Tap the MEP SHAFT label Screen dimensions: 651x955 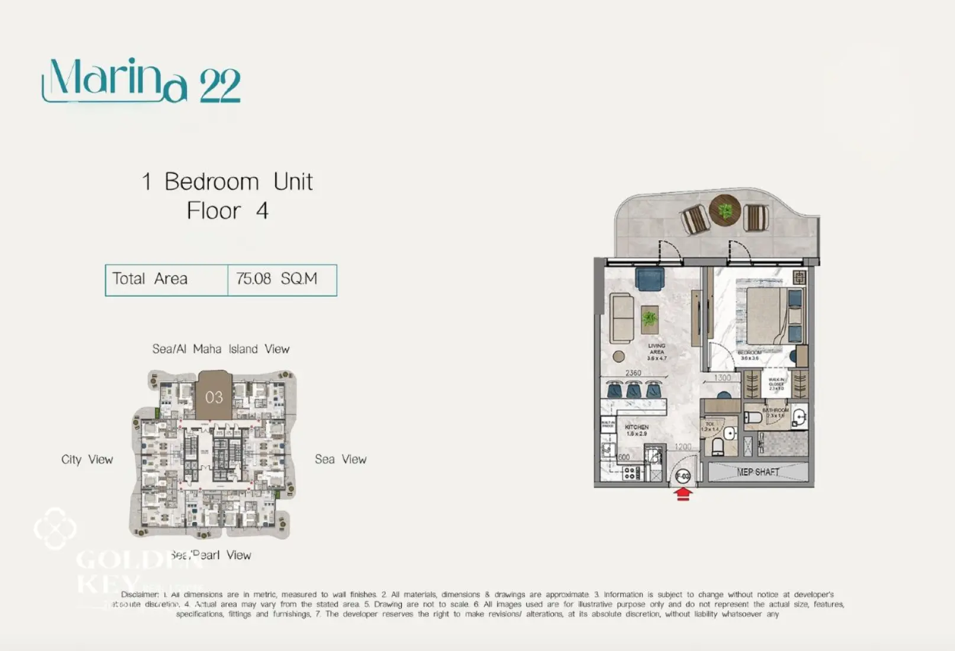(x=757, y=472)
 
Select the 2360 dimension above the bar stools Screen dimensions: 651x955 (x=633, y=373)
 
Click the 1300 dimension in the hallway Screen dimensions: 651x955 (x=722, y=378)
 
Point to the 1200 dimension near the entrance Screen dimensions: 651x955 (x=683, y=447)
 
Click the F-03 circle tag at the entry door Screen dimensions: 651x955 (x=682, y=476)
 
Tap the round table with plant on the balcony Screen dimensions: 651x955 (x=725, y=210)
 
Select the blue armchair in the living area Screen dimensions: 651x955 (x=650, y=278)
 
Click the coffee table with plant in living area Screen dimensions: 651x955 (x=650, y=320)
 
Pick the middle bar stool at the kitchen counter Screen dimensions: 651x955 (x=634, y=390)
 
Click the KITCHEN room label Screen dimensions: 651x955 (x=637, y=427)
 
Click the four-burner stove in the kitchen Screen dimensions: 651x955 (x=630, y=473)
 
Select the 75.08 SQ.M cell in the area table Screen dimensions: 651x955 (x=277, y=279)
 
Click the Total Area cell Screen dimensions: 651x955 (x=150, y=279)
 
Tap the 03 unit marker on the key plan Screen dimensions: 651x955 (x=214, y=397)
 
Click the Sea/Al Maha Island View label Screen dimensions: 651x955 (x=221, y=349)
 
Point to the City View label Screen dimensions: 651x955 (x=87, y=460)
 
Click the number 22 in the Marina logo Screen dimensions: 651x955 (x=220, y=86)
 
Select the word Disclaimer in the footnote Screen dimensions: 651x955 (x=140, y=594)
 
